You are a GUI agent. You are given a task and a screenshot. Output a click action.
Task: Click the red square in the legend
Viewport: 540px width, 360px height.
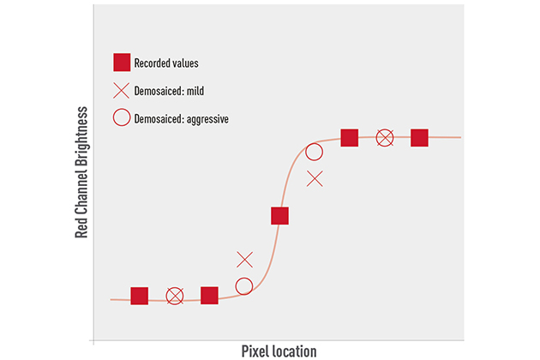(x=122, y=63)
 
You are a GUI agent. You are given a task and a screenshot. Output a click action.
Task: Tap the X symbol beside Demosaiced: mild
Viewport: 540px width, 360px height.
(x=121, y=91)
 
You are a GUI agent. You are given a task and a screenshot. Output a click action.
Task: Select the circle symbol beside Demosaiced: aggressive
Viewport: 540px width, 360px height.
(x=122, y=117)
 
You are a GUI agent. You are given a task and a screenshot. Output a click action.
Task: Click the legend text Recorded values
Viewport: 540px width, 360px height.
(x=166, y=63)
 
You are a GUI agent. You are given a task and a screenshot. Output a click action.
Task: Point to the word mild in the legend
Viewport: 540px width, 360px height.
(x=195, y=91)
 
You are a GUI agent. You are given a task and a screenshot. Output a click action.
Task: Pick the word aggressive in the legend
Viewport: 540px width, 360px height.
(x=207, y=119)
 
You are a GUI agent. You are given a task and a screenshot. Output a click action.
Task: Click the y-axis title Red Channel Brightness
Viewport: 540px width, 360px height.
(x=81, y=172)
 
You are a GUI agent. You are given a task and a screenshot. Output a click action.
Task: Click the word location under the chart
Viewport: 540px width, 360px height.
(x=295, y=351)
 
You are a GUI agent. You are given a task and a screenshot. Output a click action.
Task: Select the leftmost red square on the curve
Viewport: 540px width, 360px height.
(x=140, y=296)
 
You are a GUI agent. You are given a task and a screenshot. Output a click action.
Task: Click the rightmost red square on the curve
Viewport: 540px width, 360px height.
(x=419, y=138)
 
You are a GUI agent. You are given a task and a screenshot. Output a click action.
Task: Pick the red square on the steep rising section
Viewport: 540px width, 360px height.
(x=279, y=216)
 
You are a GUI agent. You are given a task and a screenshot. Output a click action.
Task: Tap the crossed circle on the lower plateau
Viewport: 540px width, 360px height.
(x=175, y=296)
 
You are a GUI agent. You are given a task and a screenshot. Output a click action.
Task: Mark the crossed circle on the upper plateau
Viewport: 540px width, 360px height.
(x=385, y=138)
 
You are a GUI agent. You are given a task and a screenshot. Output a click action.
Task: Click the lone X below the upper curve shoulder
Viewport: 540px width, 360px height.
(x=315, y=179)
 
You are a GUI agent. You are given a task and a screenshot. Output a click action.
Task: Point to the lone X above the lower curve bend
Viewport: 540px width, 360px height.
(x=245, y=260)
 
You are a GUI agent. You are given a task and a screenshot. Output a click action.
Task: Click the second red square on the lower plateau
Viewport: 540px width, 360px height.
(x=209, y=296)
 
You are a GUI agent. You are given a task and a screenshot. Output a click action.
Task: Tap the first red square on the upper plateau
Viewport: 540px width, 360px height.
(x=350, y=138)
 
